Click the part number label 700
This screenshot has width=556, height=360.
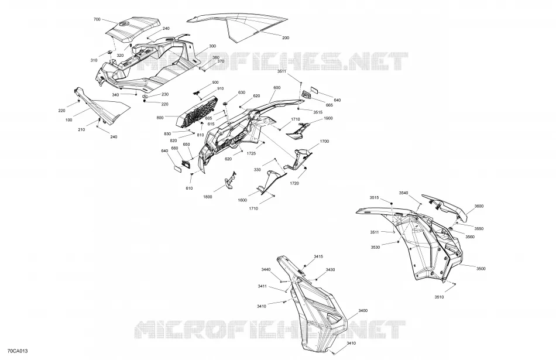[97, 19]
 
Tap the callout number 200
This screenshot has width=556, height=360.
[286, 38]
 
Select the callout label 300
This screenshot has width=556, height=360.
[212, 46]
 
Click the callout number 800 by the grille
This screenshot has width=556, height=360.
[160, 118]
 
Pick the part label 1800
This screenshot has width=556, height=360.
[208, 197]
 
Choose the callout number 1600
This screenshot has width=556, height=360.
[242, 200]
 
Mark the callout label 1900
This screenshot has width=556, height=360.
[328, 118]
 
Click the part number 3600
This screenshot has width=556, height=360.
[479, 206]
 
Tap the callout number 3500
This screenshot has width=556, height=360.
[481, 269]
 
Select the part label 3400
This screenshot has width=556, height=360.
[363, 311]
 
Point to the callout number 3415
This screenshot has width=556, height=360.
[318, 256]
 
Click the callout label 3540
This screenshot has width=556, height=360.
[403, 193]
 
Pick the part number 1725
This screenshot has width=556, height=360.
[252, 153]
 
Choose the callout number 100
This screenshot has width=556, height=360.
[69, 120]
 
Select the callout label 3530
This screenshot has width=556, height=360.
[376, 247]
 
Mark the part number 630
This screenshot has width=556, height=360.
[242, 92]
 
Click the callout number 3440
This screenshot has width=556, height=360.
[266, 269]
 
